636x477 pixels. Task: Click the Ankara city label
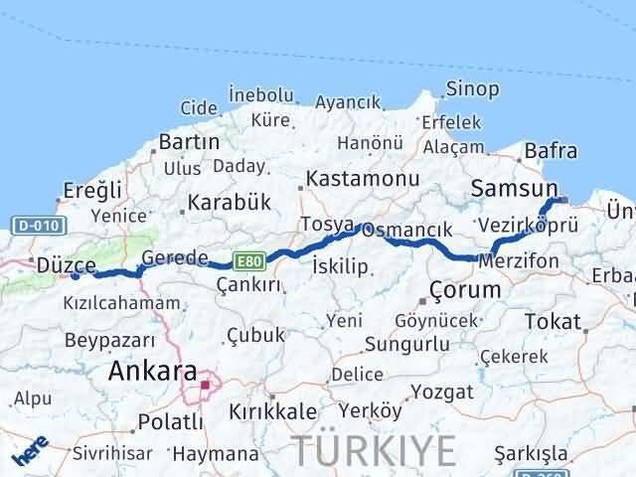152,373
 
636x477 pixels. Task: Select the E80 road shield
248,261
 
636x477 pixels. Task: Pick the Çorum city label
465,290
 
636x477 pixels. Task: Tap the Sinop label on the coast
472,88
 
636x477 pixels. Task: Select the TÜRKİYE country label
374,449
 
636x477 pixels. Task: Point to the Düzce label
66,265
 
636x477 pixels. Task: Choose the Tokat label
553,321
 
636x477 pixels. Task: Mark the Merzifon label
518,260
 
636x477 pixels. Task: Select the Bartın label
189,142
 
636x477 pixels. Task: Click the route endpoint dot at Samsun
563,200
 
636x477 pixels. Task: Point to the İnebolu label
260,95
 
